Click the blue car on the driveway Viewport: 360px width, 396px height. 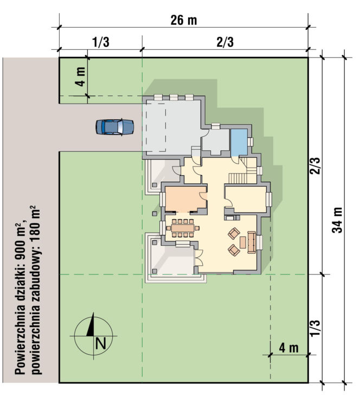(114, 127)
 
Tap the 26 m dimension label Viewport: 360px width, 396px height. (184, 20)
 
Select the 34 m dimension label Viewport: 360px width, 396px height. (337, 220)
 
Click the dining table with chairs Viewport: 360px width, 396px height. (183, 228)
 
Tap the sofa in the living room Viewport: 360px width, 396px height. (252, 242)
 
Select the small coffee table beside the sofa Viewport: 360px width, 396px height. (243, 242)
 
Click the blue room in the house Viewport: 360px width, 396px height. (239, 143)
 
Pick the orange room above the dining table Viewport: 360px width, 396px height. (186, 199)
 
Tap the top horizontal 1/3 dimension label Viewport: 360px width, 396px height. (101, 42)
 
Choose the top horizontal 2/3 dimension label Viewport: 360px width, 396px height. (225, 42)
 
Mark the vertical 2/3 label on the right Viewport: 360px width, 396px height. (315, 166)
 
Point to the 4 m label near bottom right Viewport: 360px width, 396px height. (289, 348)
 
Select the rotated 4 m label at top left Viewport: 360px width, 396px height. (81, 76)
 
